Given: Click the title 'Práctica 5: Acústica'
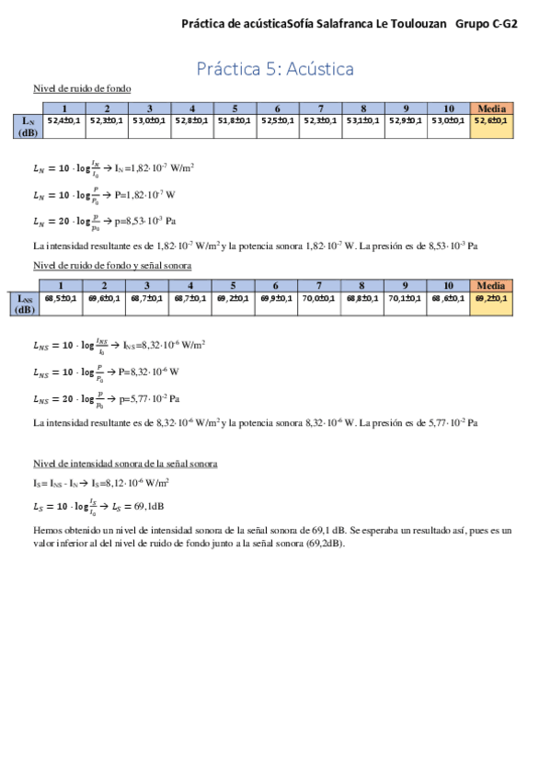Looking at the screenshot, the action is [x=275, y=69].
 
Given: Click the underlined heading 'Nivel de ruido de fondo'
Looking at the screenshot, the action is [x=81, y=88].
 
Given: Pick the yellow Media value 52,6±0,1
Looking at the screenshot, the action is [x=491, y=120].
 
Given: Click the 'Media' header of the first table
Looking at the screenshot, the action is [x=491, y=108].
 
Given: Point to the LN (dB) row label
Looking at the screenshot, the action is [x=28, y=125].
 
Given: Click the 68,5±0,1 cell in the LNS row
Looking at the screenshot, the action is [x=62, y=298].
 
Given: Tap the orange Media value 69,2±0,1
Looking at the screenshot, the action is [x=491, y=298].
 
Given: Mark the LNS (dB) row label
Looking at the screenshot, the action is [x=28, y=304].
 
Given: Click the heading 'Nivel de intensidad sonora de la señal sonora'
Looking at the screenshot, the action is [x=125, y=463].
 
